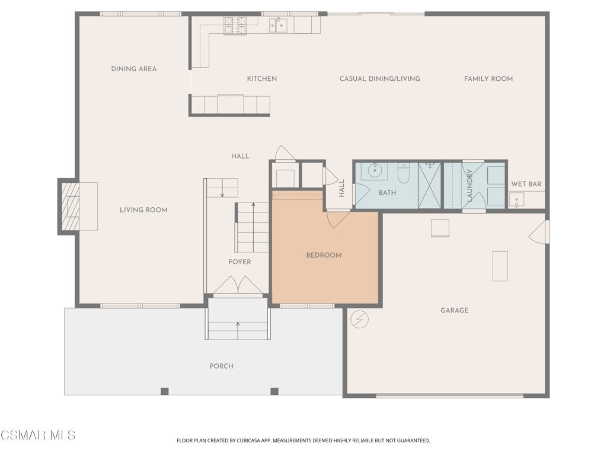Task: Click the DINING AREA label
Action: (134, 69)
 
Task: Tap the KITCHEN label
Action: (262, 79)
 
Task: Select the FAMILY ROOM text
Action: (488, 79)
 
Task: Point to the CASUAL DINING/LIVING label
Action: (380, 79)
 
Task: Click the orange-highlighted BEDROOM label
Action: (324, 255)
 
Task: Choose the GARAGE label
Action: (455, 310)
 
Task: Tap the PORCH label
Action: (222, 366)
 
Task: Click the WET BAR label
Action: (526, 184)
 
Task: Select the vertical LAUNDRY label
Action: (470, 185)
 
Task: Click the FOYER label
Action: (239, 262)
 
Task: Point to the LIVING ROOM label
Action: (143, 210)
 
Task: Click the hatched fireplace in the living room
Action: (70, 206)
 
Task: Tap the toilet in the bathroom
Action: (404, 173)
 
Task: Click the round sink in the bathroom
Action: (375, 170)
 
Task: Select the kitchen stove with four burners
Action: (235, 25)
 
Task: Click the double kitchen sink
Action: (279, 25)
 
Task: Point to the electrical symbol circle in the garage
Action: (360, 319)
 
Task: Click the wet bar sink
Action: (516, 200)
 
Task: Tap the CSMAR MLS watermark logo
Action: (38, 435)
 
